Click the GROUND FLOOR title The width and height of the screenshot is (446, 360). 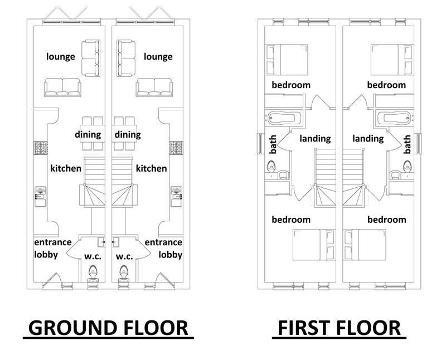click(108, 328)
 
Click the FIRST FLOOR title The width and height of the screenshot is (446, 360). click(339, 328)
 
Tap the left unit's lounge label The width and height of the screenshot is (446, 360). click(61, 56)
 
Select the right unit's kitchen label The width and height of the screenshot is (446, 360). click(151, 168)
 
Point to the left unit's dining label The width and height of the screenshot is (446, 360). click(88, 134)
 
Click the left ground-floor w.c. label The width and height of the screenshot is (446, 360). click(93, 256)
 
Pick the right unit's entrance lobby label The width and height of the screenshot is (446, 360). click(163, 248)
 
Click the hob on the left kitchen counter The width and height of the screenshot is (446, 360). click(41, 148)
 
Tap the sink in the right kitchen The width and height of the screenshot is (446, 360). click(176, 197)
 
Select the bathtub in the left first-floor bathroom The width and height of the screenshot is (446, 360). click(284, 118)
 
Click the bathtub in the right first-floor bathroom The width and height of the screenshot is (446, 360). click(394, 118)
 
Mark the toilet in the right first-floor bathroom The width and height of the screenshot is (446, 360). click(407, 167)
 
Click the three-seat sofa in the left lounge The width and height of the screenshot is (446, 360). click(62, 87)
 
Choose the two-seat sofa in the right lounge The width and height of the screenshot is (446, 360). click(126, 59)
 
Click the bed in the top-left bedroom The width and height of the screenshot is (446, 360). click(287, 60)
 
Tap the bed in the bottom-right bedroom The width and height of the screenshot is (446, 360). click(365, 245)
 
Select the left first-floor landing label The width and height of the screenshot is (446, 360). click(315, 139)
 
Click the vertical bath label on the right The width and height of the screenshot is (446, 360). click(407, 144)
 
